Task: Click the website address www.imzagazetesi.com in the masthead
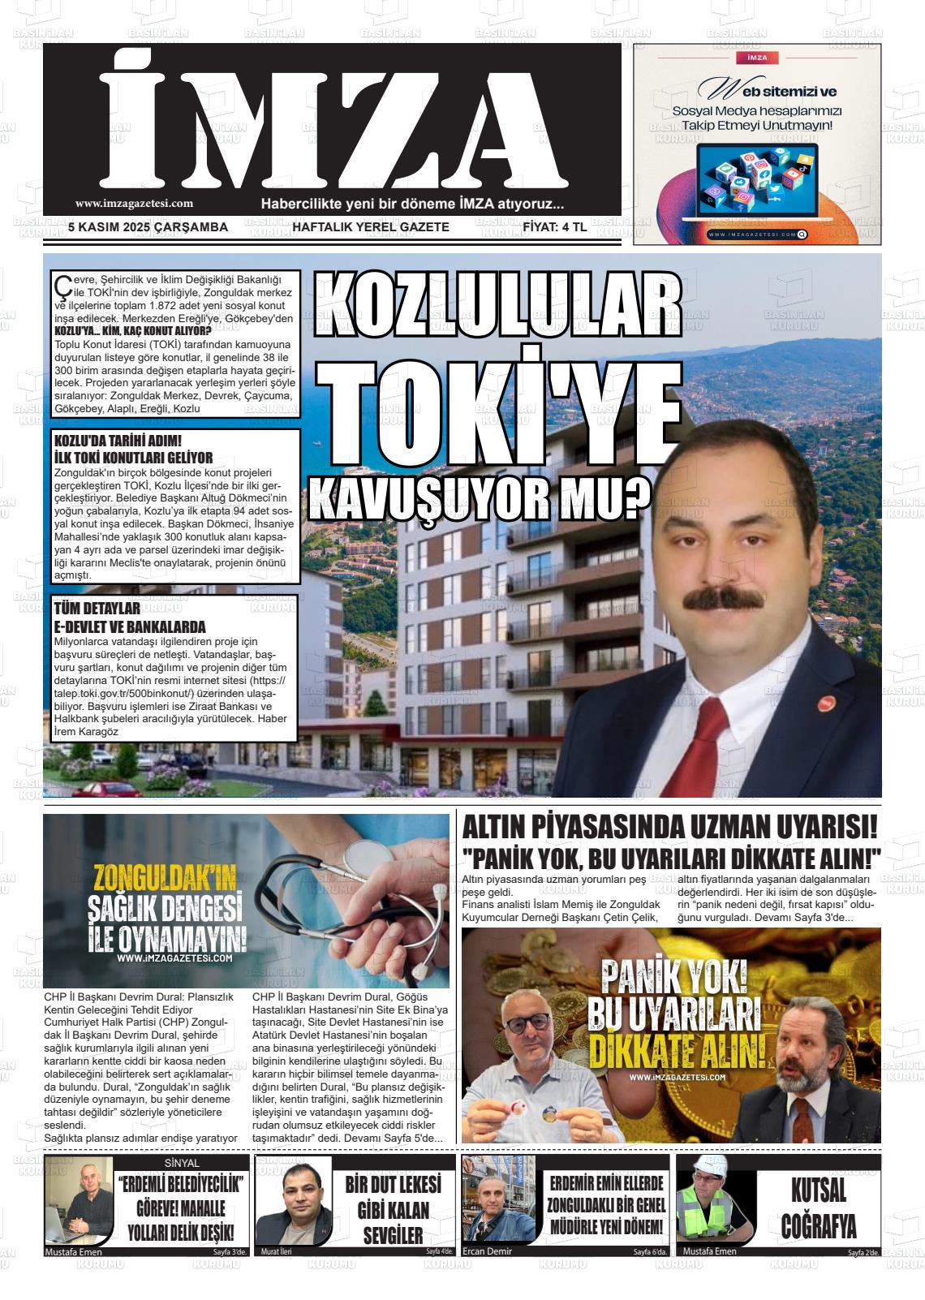coord(134,204)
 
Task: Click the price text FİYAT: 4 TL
coord(554,227)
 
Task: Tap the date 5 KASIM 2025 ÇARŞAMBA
coord(148,227)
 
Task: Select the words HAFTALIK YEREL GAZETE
coord(370,227)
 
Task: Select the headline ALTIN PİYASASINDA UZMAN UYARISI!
coord(669,828)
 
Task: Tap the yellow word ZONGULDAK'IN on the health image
coord(165,879)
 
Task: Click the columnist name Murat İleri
coord(276,1251)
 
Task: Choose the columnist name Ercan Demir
coord(488,1251)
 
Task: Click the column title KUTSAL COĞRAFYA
coord(819,1208)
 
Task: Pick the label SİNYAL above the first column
coord(182,1163)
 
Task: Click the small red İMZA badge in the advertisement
coord(756,58)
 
